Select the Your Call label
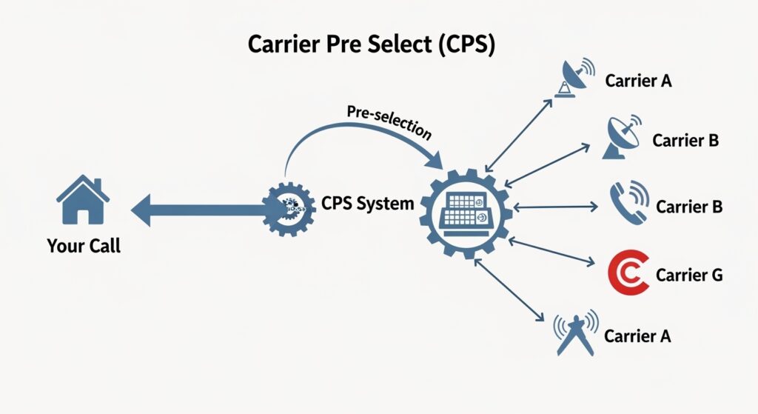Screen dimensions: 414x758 point(83,246)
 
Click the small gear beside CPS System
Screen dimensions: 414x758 point(289,210)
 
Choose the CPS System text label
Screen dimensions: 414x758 point(367,203)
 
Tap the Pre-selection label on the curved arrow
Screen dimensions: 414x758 point(389,121)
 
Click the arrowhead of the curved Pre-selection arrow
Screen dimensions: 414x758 point(434,158)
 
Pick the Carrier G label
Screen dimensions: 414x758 point(688,276)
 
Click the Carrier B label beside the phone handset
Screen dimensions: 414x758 point(688,207)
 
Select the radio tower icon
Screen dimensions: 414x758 point(575,333)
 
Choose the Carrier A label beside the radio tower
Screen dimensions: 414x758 point(637,336)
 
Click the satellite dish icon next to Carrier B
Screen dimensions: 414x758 point(625,137)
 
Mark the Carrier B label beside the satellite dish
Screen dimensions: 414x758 point(685,140)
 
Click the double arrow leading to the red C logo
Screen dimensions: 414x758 point(555,252)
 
